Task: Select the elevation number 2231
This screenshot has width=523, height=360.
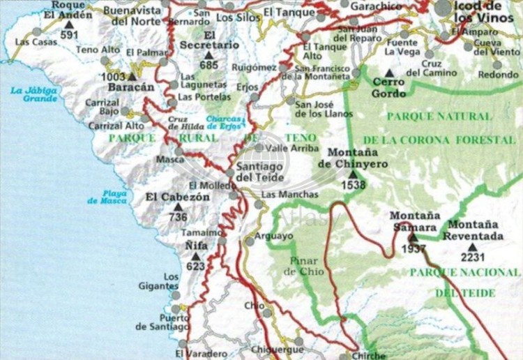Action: pyautogui.click(x=473, y=257)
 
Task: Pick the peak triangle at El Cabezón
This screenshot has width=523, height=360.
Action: pyautogui.click(x=177, y=207)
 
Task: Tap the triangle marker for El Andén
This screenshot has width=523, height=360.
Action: pyautogui.click(x=68, y=24)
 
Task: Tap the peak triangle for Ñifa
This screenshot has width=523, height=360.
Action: pyautogui.click(x=196, y=256)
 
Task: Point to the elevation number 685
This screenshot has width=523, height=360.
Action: pyautogui.click(x=208, y=66)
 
